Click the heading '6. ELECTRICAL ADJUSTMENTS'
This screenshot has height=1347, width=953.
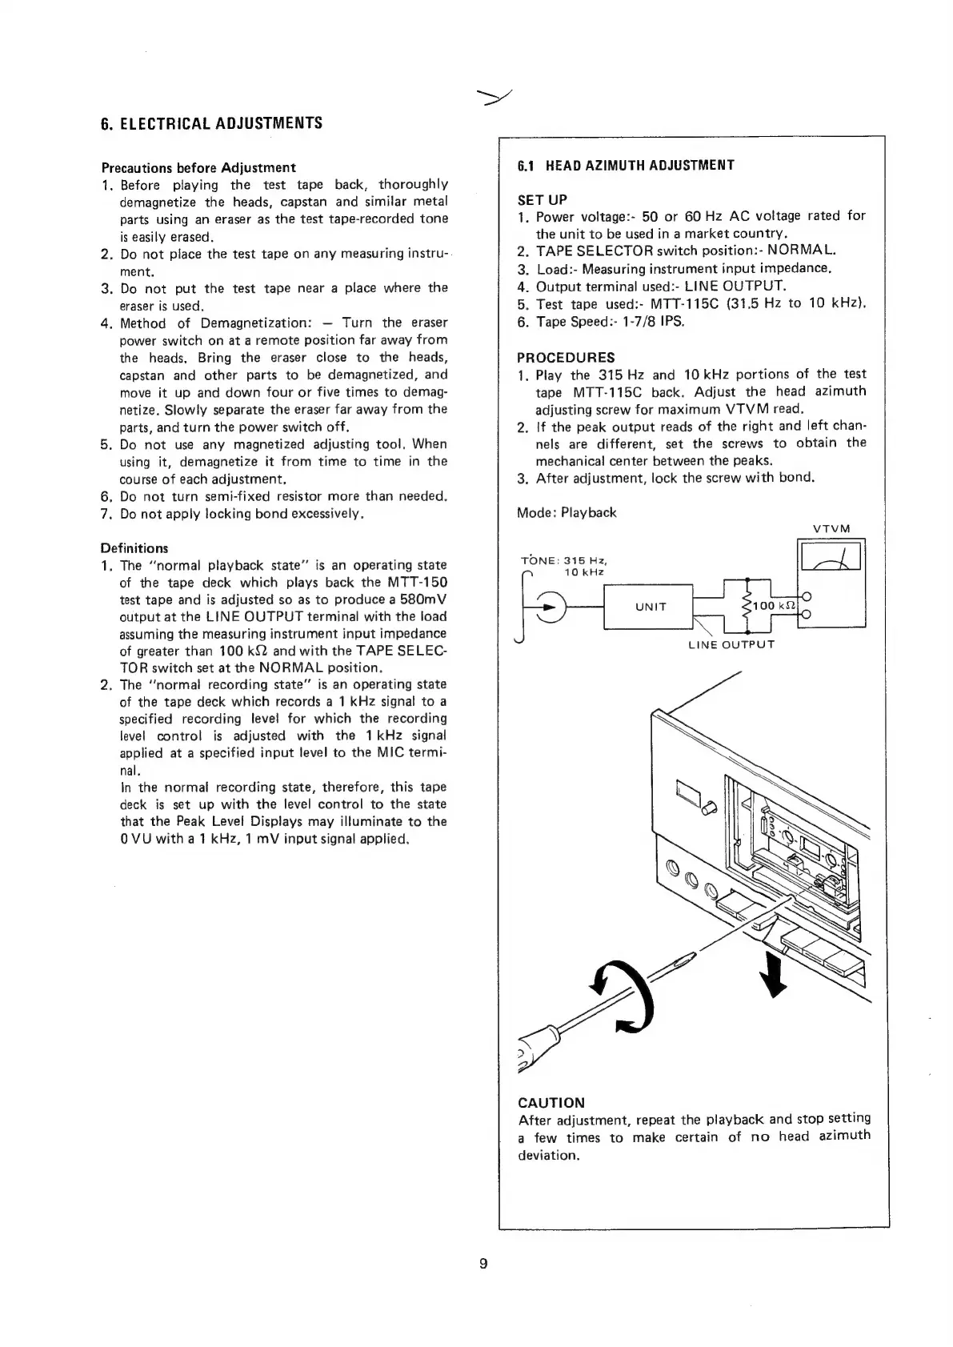click(211, 123)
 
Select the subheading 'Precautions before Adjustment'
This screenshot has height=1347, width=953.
click(198, 167)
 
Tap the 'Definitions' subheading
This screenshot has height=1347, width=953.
click(134, 548)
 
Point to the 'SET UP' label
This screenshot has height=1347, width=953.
click(542, 199)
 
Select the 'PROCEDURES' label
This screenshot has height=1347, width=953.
click(566, 357)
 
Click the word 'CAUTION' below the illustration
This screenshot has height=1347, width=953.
click(551, 1102)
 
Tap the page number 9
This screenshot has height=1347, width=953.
click(483, 1265)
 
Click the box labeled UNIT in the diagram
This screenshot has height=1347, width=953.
click(651, 607)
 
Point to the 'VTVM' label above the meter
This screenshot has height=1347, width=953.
click(831, 529)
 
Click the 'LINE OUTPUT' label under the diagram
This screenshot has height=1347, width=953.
click(731, 643)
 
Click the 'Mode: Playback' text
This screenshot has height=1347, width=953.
click(567, 512)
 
